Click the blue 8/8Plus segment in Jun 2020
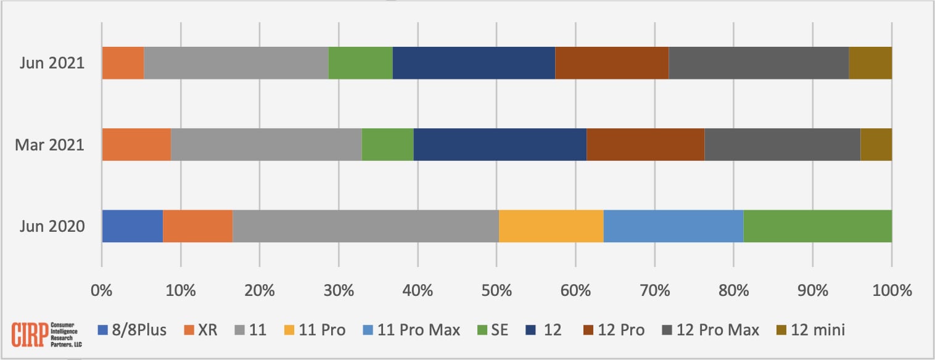132,226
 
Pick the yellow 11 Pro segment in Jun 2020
551,226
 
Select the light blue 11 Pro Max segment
673,226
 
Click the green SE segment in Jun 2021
360,63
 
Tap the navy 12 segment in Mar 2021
500,145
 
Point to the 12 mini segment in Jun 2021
870,63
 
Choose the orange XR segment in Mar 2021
136,145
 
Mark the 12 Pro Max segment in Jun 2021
758,63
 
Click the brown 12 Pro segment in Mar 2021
645,145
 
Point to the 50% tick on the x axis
496,290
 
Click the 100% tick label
891,290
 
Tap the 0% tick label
102,290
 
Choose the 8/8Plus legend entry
133,330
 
